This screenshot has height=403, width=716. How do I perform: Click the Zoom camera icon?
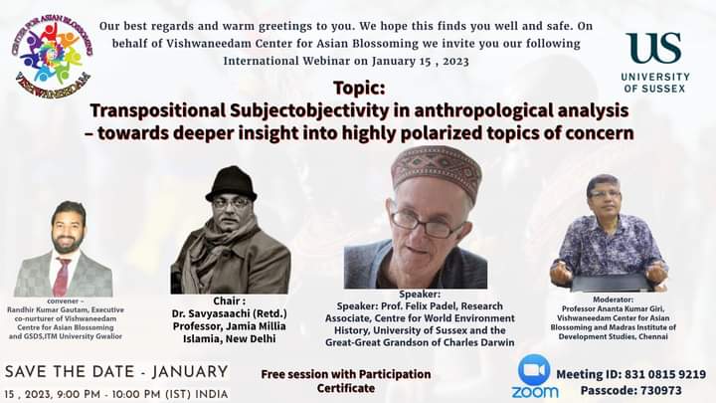[534, 369]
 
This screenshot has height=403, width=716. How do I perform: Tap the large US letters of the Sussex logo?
[653, 48]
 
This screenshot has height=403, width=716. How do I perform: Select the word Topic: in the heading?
[359, 88]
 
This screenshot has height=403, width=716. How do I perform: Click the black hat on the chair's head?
[232, 183]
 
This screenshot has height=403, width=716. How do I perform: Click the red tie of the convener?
[62, 276]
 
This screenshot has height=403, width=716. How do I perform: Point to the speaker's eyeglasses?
[427, 224]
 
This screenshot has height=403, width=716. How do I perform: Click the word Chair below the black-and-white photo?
[227, 302]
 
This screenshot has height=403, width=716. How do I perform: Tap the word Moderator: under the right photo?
[613, 300]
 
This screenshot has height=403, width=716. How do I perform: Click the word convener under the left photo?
[63, 302]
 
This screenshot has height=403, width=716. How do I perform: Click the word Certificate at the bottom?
[346, 388]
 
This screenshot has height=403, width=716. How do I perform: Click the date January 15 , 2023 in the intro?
[420, 62]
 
